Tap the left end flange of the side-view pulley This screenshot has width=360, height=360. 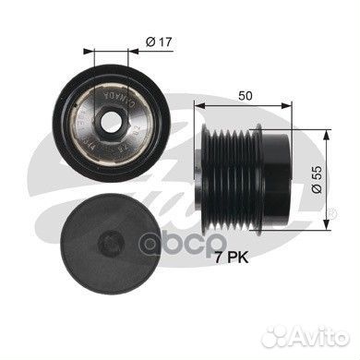[203, 169]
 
